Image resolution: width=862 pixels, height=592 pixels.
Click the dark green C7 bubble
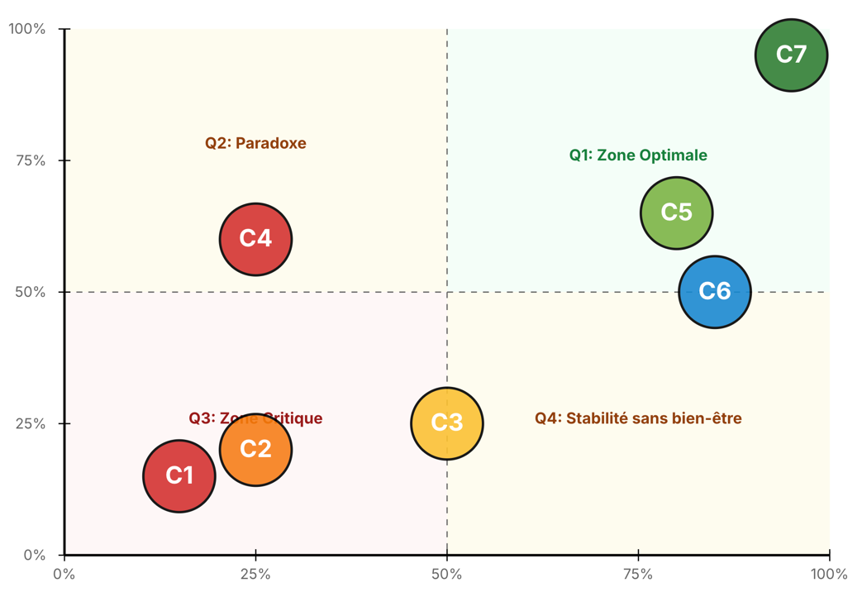coord(791,55)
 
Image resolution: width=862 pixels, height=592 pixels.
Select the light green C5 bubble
coord(676,212)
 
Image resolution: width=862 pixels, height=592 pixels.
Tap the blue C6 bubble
coord(715,291)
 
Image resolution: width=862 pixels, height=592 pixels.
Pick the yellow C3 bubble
coord(446,423)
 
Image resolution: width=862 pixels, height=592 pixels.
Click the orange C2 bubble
coord(255,449)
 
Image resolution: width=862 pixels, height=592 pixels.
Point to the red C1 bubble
coord(179,475)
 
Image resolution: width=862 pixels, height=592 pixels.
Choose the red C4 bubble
coord(255,239)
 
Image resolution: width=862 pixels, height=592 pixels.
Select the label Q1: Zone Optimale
coord(638,155)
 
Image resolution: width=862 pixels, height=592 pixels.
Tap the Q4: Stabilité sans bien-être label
coord(638,418)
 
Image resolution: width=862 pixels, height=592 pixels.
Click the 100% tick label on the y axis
coord(26,30)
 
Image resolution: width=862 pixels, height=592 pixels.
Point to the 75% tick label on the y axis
coord(31,160)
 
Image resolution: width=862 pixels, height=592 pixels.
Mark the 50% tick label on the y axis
coord(31,292)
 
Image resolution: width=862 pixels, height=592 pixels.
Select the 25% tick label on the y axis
coord(31,423)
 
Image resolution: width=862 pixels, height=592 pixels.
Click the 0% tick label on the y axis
coord(34,555)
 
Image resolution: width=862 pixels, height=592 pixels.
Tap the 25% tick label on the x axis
coord(255,575)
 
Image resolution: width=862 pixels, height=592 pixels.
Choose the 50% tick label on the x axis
coord(446,575)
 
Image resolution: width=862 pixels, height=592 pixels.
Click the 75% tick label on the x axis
coord(638,575)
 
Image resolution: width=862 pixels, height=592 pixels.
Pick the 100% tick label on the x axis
coord(829,575)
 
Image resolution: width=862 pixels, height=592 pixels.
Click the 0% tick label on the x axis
coord(64,575)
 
